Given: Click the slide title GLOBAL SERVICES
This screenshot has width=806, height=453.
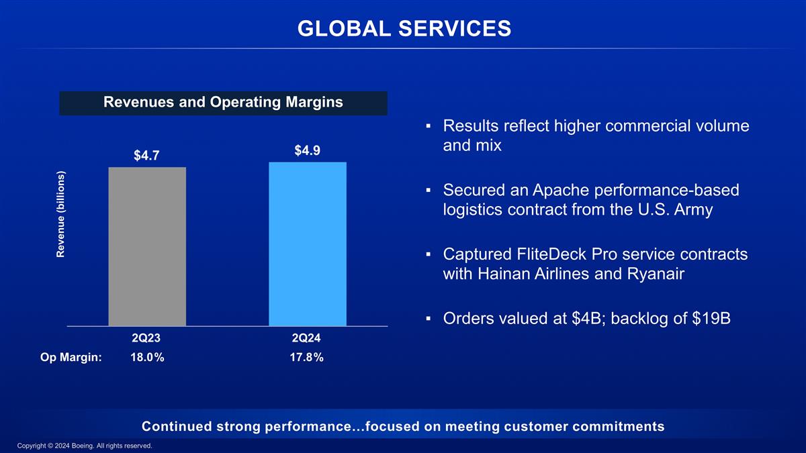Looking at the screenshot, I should click(x=404, y=28).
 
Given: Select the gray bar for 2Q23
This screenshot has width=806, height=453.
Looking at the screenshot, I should click(x=147, y=246).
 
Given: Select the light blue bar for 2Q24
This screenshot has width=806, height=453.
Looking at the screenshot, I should click(x=308, y=244).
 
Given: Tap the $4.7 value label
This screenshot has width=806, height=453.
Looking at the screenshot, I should click(x=146, y=156).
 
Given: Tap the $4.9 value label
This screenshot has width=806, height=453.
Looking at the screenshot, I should click(x=308, y=151).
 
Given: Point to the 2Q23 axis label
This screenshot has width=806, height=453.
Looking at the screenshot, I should click(x=146, y=339).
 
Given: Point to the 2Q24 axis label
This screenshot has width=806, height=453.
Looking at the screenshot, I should click(x=308, y=339).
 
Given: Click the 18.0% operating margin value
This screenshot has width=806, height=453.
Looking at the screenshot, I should click(x=146, y=358).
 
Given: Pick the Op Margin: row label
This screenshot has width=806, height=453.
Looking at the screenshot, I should click(x=71, y=358).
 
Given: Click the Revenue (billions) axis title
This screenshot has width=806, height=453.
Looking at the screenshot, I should click(x=60, y=213).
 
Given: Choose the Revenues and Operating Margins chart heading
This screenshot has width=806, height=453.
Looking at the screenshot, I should click(x=223, y=103).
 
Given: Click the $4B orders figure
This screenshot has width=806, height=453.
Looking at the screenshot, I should click(x=588, y=318).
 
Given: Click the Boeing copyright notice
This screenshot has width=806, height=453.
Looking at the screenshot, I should click(x=85, y=446).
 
